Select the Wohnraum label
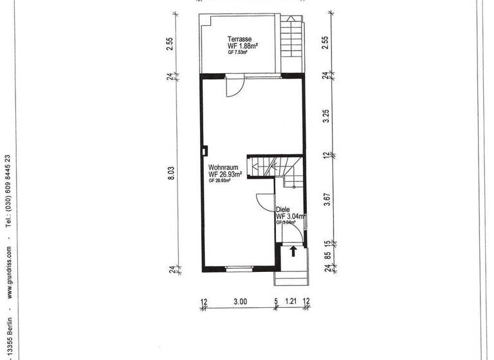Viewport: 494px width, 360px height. pos(220,167)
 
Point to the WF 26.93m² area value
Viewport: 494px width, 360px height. pos(225,174)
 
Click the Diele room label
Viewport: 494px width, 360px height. pos(282,210)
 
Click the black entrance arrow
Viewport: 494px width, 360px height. pos(293,251)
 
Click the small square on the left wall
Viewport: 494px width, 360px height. pos(204,152)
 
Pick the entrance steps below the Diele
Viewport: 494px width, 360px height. pos(291,276)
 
